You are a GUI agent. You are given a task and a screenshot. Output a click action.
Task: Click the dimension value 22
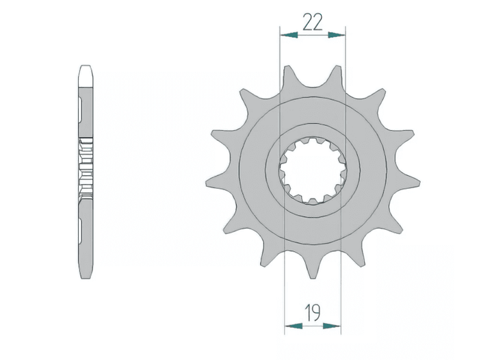(x=312, y=23)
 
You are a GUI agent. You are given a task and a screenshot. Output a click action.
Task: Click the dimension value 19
(x=313, y=313)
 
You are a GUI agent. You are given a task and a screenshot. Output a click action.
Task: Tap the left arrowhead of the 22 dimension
(x=289, y=35)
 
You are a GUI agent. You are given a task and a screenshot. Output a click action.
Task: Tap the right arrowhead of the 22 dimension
(x=337, y=35)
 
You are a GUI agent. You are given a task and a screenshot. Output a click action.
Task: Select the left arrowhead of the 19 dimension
(x=294, y=326)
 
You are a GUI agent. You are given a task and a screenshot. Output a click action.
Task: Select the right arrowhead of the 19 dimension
(x=332, y=326)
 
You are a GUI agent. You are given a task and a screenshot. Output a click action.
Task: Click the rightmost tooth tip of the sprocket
(x=420, y=183)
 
